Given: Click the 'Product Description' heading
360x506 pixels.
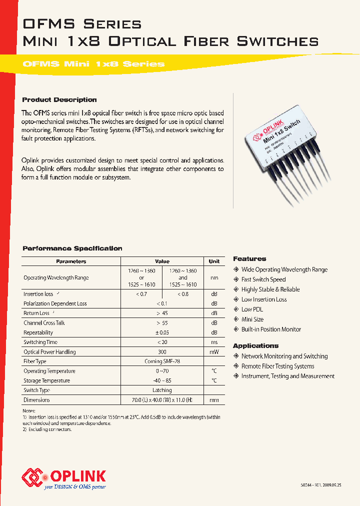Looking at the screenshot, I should [x=59, y=99].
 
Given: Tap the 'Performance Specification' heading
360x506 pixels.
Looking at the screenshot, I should [x=72, y=248].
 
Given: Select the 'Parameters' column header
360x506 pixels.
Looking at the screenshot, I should [x=71, y=261].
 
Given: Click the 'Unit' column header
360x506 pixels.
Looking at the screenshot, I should [x=214, y=261].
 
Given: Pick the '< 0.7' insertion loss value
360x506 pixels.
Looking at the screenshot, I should [x=141, y=294].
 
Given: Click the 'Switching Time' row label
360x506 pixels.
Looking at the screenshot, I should [x=40, y=342].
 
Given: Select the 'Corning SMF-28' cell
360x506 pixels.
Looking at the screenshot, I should [x=161, y=361].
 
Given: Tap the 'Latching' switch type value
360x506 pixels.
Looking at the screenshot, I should [x=161, y=390].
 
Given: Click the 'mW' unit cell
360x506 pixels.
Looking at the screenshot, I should [x=214, y=351].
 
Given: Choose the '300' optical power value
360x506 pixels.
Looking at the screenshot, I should [x=161, y=351].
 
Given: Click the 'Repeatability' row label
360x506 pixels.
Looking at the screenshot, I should [x=38, y=332].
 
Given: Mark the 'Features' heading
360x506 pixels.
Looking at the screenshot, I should [x=249, y=258].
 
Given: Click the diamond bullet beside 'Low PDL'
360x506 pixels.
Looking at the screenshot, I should [x=236, y=309].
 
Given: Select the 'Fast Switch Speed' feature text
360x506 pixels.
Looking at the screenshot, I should [x=263, y=279].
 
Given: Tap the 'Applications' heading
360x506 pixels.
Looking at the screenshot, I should [x=255, y=345].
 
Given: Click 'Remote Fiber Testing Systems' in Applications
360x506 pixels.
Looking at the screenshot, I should [x=277, y=366].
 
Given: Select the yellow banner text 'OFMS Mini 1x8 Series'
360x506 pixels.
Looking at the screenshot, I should [x=93, y=64].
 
